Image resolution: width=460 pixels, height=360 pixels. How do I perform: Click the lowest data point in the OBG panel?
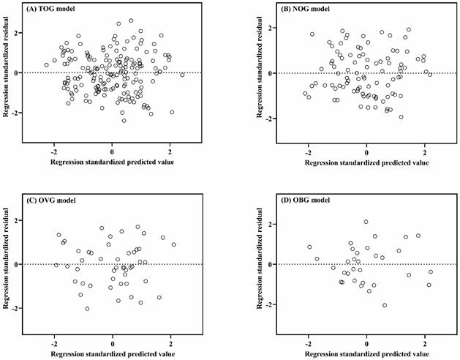[385, 305]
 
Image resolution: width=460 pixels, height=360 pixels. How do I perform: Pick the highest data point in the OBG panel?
[366, 222]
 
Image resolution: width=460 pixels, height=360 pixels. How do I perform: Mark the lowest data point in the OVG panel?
[87, 309]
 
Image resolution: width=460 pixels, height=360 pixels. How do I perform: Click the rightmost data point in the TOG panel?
[182, 75]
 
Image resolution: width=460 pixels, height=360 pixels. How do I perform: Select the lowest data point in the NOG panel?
[401, 117]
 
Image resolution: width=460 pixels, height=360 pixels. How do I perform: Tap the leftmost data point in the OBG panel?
[309, 247]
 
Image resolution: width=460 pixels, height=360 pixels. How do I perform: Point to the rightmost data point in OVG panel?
[173, 245]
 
